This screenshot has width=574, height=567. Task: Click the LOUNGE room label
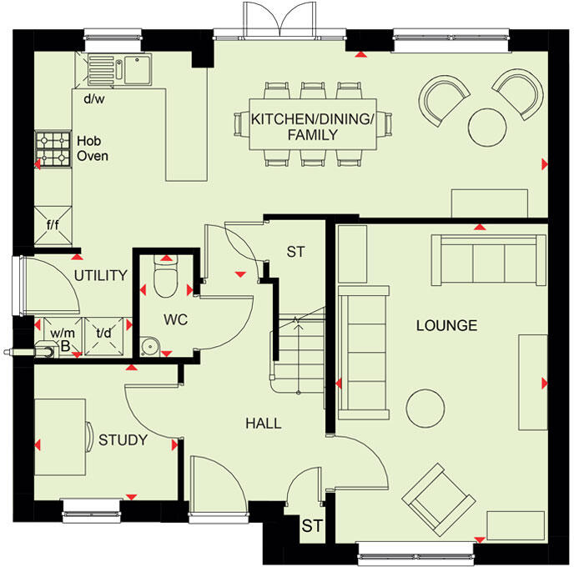(x=446, y=325)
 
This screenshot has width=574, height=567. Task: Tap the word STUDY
(x=123, y=440)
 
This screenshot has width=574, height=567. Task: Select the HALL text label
(x=263, y=424)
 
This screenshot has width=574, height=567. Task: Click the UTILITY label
(x=100, y=275)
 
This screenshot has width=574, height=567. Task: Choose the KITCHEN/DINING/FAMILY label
(x=313, y=127)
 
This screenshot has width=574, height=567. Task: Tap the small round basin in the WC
(x=149, y=344)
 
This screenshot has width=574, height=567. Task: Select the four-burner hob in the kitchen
(x=53, y=148)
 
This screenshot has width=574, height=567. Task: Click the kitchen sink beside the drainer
(x=133, y=68)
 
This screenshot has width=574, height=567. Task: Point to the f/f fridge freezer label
(x=52, y=224)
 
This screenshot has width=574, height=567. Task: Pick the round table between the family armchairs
(x=488, y=127)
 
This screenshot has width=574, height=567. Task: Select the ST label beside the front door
(x=311, y=526)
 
